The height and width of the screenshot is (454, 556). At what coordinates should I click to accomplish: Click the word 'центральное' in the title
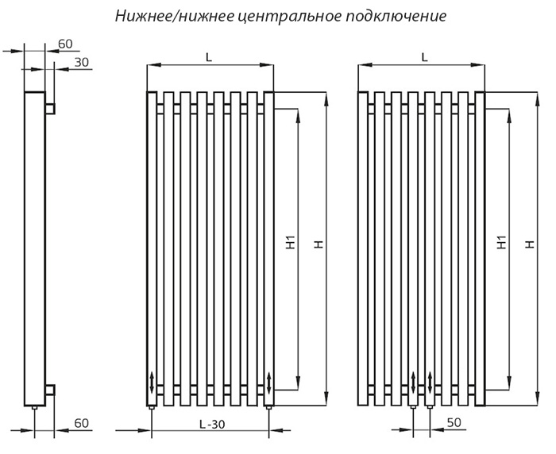point(288,17)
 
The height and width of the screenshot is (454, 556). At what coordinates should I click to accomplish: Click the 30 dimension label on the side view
point(82,63)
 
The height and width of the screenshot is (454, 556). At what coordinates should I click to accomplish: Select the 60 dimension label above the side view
point(65,44)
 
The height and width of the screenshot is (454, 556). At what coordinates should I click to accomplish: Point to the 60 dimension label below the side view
point(82,423)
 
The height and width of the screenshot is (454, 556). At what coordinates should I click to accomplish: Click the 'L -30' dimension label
point(212,424)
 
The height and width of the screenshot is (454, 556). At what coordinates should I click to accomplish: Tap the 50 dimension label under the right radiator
point(454,422)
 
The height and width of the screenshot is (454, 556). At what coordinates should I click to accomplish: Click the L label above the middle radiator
point(209,57)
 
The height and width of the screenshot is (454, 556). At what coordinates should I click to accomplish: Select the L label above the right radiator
point(424,57)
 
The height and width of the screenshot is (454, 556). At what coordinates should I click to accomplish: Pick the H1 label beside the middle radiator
point(291,242)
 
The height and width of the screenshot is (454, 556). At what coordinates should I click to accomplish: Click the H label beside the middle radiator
point(319,244)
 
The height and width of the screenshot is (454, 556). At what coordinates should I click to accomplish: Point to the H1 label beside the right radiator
point(501,242)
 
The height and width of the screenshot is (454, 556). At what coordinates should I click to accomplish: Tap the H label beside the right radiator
point(530,244)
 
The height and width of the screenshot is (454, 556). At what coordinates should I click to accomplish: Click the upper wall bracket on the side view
point(50,109)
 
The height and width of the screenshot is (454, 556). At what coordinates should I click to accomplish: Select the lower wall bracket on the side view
point(50,390)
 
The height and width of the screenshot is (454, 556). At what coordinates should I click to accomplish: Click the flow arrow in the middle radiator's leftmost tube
point(153,383)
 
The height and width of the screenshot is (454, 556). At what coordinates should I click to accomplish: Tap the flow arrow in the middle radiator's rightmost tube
point(268,383)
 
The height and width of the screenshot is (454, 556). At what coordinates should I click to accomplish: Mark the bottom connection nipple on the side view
point(34,408)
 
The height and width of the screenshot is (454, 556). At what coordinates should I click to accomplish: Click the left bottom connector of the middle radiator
point(152,408)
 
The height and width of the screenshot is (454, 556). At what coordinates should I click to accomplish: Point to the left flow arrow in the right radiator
point(413,383)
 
